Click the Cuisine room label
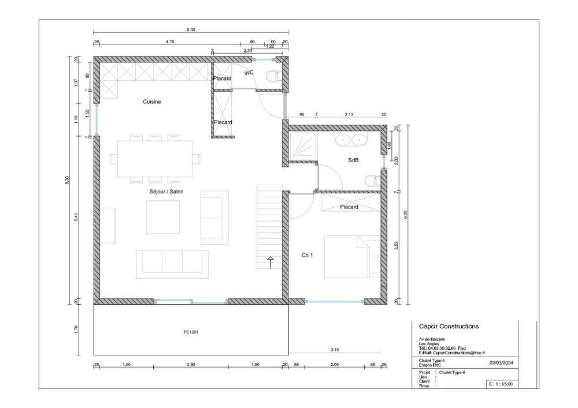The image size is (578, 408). click(x=152, y=102)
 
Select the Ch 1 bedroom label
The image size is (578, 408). click(x=307, y=254)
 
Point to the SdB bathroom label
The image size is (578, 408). click(x=353, y=160)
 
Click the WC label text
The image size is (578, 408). click(x=249, y=73)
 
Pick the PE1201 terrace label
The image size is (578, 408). click(x=191, y=332)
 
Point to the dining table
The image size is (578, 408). click(x=155, y=158)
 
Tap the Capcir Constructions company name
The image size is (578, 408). click(x=449, y=327)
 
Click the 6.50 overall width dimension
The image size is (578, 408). click(x=191, y=29)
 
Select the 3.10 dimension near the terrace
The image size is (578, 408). click(x=335, y=350)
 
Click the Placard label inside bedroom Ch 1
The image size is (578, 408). click(x=349, y=207)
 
